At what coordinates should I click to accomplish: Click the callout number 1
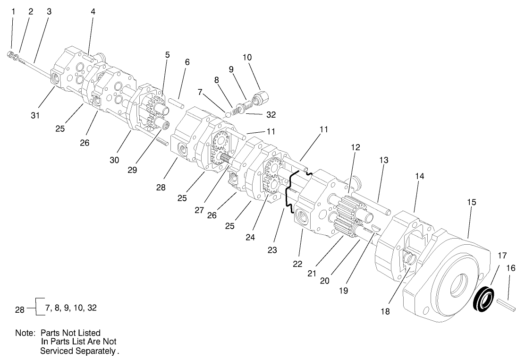13,11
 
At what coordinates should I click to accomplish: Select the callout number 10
247,58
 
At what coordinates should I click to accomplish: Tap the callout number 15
471,202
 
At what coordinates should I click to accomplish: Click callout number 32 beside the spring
271,114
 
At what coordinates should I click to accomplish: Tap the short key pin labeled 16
511,303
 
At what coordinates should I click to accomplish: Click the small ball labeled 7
228,113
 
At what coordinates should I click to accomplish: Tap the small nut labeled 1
10,55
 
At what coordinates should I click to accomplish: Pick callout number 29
132,170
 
